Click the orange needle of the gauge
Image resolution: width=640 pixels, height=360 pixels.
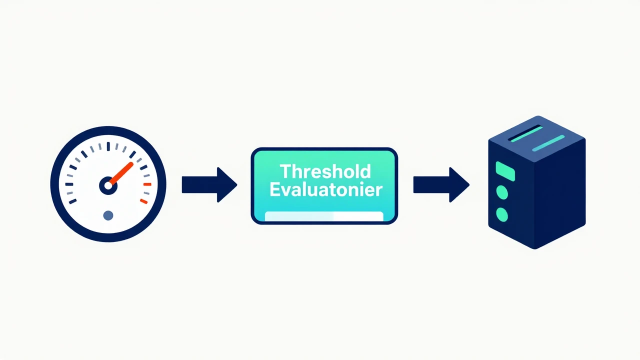(121, 173)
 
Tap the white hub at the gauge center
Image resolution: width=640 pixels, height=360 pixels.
(108, 185)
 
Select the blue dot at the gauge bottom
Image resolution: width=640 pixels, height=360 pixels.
(108, 215)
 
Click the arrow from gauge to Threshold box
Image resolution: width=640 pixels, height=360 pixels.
(209, 185)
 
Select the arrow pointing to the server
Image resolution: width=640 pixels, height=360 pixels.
(441, 185)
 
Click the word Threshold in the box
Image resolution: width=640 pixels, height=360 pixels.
(325, 171)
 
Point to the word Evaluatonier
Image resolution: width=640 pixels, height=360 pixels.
(326, 189)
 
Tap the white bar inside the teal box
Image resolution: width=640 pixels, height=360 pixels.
(324, 216)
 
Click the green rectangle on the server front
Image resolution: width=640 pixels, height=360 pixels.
(505, 171)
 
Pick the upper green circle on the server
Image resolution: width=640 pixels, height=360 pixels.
(502, 192)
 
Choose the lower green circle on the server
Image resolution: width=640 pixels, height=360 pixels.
(502, 214)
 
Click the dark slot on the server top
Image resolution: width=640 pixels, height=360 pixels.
(525, 133)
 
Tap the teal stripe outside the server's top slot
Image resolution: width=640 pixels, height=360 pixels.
(548, 143)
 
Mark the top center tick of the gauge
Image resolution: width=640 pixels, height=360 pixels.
(108, 146)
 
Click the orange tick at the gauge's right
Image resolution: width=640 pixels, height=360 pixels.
(147, 184)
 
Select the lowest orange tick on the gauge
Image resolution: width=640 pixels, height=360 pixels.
(143, 201)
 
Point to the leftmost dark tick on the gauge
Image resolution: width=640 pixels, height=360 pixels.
(69, 184)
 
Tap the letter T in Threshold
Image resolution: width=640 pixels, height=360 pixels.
(285, 171)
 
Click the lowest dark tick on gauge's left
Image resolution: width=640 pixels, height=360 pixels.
(73, 201)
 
